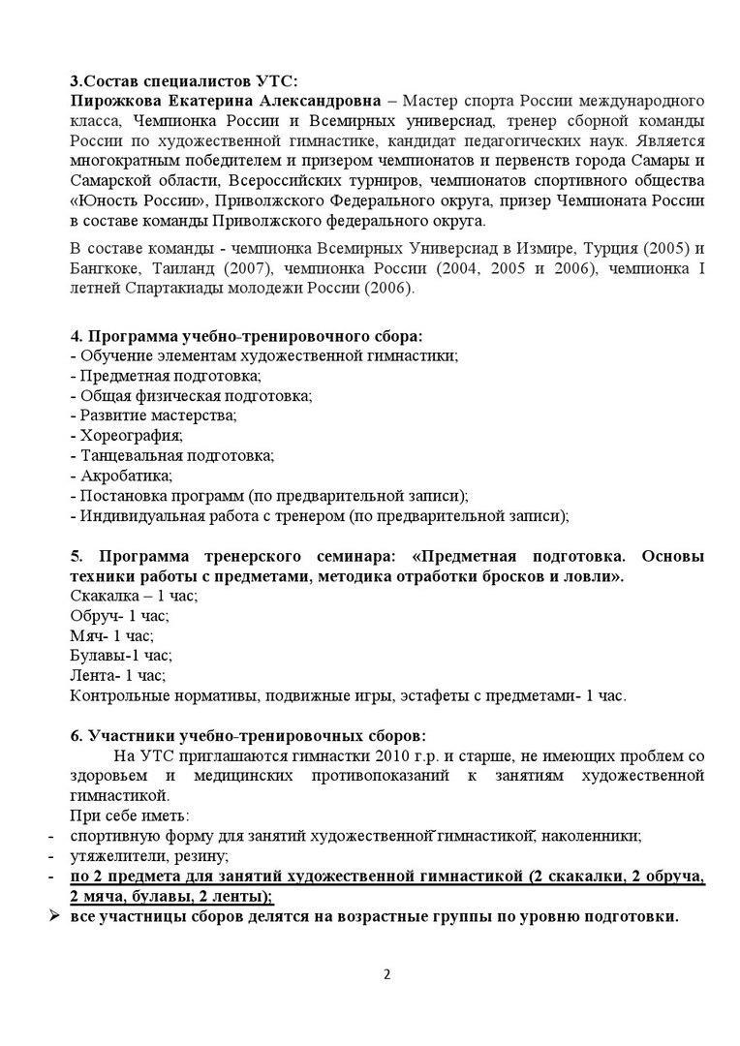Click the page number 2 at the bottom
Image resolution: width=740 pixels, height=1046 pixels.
386,974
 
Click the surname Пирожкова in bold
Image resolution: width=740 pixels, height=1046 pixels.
112,101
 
